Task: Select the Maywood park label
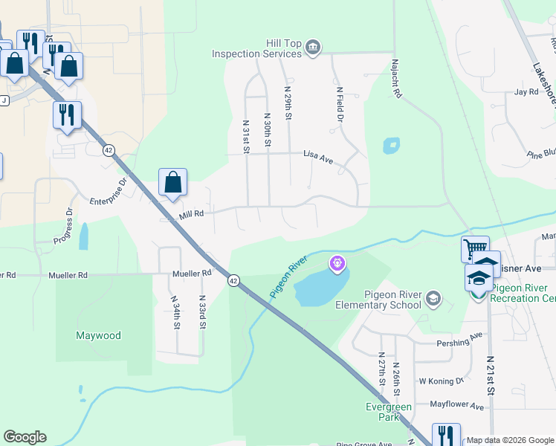click(98, 335)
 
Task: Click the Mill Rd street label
click(191, 215)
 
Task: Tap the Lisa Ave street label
click(318, 154)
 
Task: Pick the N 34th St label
click(176, 314)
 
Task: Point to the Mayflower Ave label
click(457, 406)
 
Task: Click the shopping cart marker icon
click(475, 248)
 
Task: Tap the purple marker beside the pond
click(337, 262)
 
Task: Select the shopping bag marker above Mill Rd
click(172, 183)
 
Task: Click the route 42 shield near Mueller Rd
click(234, 280)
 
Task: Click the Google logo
click(25, 437)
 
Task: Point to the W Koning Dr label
click(442, 381)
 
